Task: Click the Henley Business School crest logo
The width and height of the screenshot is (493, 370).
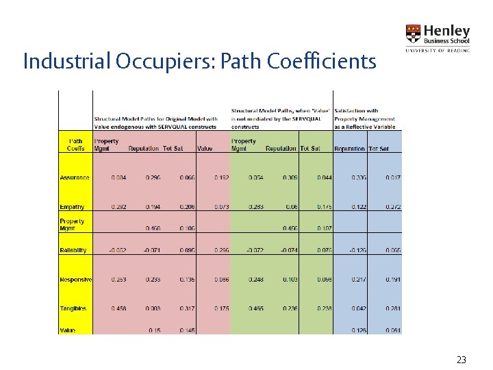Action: (x=414, y=34)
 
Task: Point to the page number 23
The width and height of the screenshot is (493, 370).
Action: (x=461, y=358)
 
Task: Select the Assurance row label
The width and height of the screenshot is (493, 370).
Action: (x=75, y=177)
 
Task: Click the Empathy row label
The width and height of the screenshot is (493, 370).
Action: (x=73, y=207)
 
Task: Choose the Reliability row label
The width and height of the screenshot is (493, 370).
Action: (x=73, y=250)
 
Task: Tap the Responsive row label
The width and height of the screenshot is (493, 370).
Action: (x=75, y=280)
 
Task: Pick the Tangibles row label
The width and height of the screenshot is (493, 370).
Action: (x=73, y=308)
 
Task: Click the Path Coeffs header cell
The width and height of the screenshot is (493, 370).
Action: (x=76, y=145)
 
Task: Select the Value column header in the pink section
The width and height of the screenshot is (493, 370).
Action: (x=205, y=149)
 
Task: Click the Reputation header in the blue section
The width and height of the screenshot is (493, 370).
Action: (x=350, y=149)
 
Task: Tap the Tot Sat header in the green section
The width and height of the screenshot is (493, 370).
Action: (x=310, y=149)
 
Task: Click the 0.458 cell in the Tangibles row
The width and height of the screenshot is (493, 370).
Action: (x=118, y=308)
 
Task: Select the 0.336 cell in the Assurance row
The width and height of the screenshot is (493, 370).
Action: (x=359, y=177)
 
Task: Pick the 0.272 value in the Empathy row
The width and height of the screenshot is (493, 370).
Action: (x=393, y=207)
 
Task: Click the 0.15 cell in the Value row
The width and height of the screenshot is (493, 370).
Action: (x=155, y=330)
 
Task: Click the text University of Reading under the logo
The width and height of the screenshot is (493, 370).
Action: (x=438, y=50)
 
